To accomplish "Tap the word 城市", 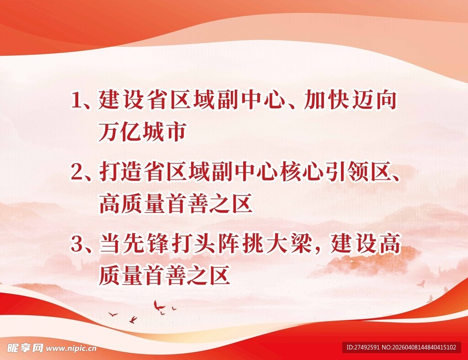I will click(x=164, y=132).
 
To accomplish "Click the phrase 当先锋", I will click(x=133, y=245).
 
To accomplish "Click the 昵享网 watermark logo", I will click(x=22, y=348).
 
